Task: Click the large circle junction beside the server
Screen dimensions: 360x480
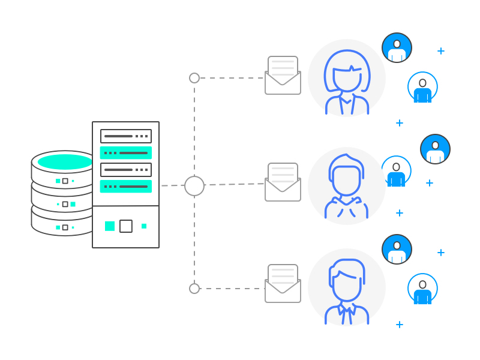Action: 194,186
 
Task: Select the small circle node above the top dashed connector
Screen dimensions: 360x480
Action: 194,78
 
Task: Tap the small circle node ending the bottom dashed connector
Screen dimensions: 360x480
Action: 194,289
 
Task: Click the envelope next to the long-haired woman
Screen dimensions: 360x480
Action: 283,76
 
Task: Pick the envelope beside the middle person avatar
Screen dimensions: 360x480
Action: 283,182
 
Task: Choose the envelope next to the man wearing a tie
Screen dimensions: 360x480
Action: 283,284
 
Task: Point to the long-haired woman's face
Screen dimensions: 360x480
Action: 347,78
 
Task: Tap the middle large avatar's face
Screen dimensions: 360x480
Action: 346,180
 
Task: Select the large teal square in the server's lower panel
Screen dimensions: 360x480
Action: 110,226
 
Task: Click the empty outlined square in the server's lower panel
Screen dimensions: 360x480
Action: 126,226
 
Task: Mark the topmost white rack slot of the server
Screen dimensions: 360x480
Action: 126,136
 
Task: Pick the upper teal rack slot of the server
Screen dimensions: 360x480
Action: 126,153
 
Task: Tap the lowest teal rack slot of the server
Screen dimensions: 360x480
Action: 126,187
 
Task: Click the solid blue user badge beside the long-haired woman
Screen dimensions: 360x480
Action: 397,48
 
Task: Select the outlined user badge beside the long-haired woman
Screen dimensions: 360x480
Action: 422,87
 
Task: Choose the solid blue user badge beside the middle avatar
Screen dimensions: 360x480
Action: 435,149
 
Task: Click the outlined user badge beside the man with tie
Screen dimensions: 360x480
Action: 422,289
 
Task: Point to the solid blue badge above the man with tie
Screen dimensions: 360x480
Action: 397,250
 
